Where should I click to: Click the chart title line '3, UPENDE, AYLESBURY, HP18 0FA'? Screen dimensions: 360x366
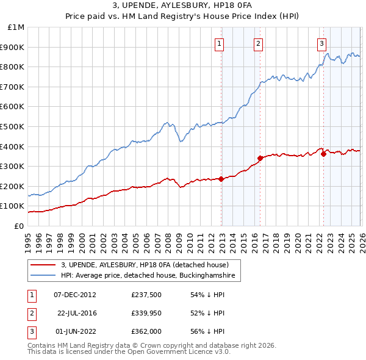[183, 5]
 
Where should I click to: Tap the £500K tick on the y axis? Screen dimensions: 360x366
[13, 126]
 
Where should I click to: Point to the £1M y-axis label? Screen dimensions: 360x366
[16, 27]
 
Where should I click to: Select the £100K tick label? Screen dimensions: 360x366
[13, 206]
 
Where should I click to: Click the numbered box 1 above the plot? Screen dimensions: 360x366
[218, 43]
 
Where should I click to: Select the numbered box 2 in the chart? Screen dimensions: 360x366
[259, 43]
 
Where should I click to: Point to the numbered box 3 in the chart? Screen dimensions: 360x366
[321, 43]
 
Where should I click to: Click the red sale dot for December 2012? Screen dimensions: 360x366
[221, 179]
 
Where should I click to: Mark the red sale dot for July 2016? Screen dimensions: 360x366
[260, 158]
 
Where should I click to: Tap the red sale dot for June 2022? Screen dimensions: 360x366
[323, 154]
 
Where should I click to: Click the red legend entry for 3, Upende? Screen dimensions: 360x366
[145, 265]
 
